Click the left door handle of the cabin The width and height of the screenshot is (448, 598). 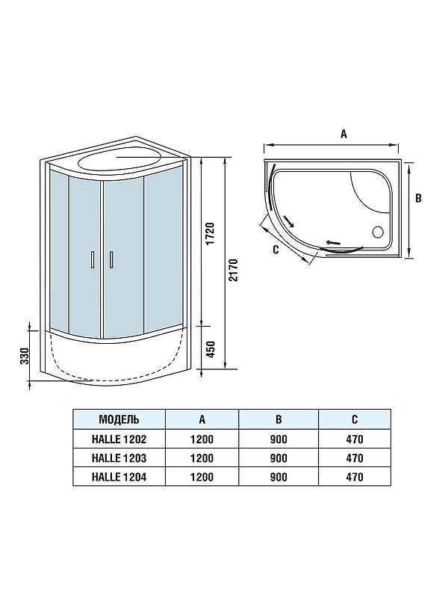(92, 259)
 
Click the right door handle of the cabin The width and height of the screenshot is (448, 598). (111, 259)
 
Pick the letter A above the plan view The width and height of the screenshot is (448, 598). (343, 135)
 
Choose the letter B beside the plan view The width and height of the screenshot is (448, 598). (418, 198)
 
